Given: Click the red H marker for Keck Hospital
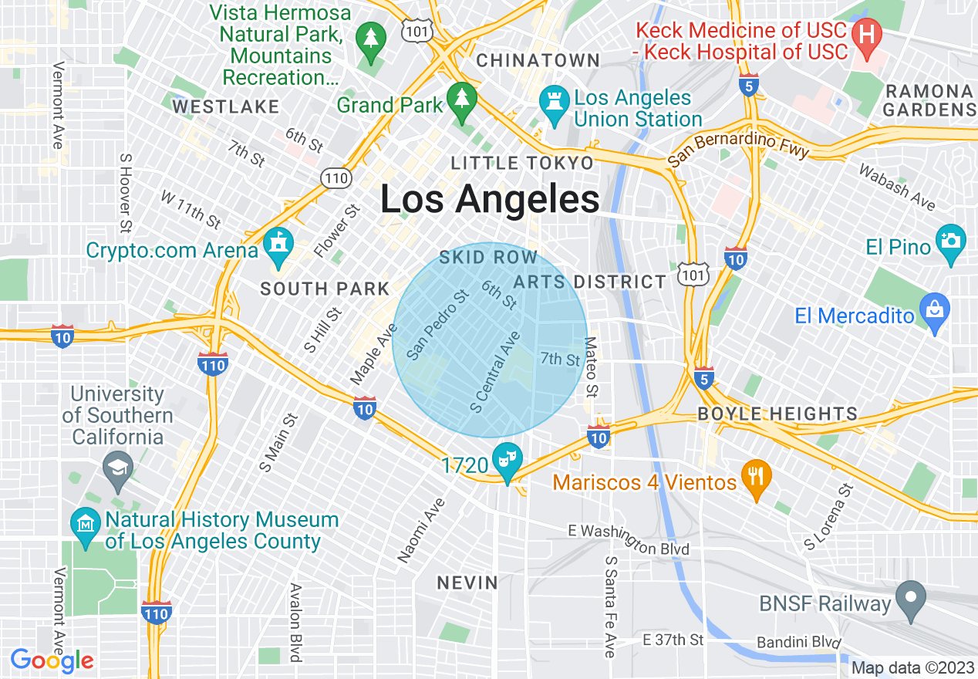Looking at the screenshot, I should [x=867, y=35].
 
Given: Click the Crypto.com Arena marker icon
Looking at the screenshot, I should [x=277, y=245].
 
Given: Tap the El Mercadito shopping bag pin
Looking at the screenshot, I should [x=935, y=310].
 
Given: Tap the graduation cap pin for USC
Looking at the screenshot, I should [x=117, y=468].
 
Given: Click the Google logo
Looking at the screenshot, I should [x=52, y=660].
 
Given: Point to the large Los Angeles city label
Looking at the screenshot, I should [x=490, y=200].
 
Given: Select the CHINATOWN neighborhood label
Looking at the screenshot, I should [x=538, y=60].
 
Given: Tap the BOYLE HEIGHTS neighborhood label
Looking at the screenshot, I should [x=777, y=414].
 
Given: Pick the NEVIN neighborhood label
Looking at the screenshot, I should [x=467, y=583].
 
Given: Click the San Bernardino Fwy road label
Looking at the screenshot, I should [x=738, y=148].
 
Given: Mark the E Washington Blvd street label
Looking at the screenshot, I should [x=628, y=540].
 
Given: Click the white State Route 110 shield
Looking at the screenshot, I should [x=337, y=179].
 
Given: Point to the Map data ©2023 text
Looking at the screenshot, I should [x=912, y=667].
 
